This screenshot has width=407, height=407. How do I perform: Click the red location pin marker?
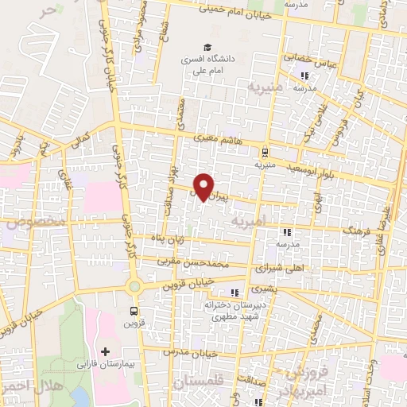tap(203, 186)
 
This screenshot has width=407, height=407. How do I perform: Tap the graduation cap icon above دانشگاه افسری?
tap(207, 47)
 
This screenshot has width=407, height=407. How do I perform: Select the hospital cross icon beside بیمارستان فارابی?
tap(104, 351)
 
